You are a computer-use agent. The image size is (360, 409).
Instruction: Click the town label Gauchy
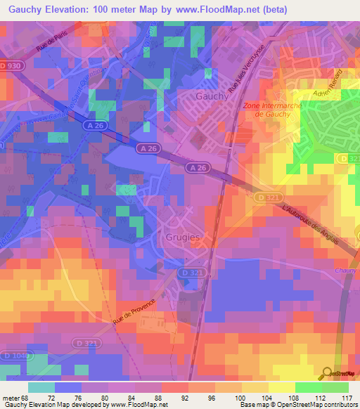[211, 96]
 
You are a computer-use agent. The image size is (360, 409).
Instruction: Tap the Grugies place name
[183, 238]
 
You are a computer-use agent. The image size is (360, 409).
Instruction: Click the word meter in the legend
[11, 398]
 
